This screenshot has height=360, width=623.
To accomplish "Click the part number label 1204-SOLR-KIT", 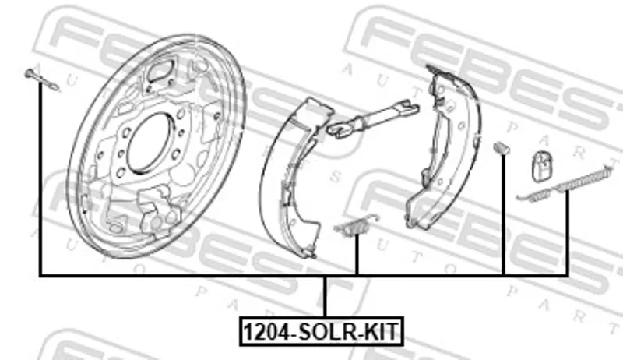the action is coord(322,331).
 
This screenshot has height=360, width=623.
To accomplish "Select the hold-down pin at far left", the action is coord(42,79).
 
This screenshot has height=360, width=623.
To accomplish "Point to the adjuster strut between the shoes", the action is coord(373,118).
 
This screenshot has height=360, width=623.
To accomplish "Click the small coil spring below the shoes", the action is coord(357,226).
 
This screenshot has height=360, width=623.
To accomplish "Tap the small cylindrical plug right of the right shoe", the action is coord(502,148).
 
